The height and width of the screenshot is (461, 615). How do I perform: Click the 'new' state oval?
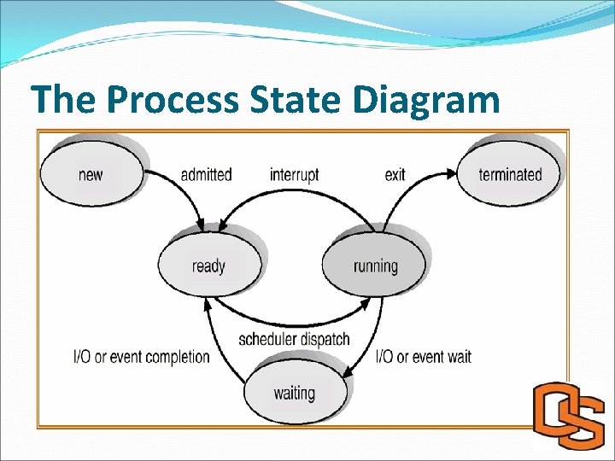[x=91, y=174]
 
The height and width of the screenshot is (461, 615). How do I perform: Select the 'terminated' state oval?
[x=510, y=174]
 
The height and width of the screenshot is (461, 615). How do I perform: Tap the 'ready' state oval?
[x=208, y=266]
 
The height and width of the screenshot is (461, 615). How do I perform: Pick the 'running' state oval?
[x=375, y=266]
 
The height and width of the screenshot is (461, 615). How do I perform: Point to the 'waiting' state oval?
[x=294, y=394]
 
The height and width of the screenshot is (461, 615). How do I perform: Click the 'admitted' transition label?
[x=206, y=174]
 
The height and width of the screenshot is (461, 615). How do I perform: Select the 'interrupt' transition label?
[x=294, y=174]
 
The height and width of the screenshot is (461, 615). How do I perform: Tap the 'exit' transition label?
[x=395, y=174]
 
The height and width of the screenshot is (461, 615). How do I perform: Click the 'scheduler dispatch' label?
[x=294, y=339]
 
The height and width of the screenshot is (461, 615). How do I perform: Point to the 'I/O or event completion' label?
[x=142, y=357]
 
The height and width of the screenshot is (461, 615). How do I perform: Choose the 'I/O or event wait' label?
[x=424, y=357]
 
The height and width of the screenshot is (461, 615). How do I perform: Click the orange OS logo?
[x=567, y=416]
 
